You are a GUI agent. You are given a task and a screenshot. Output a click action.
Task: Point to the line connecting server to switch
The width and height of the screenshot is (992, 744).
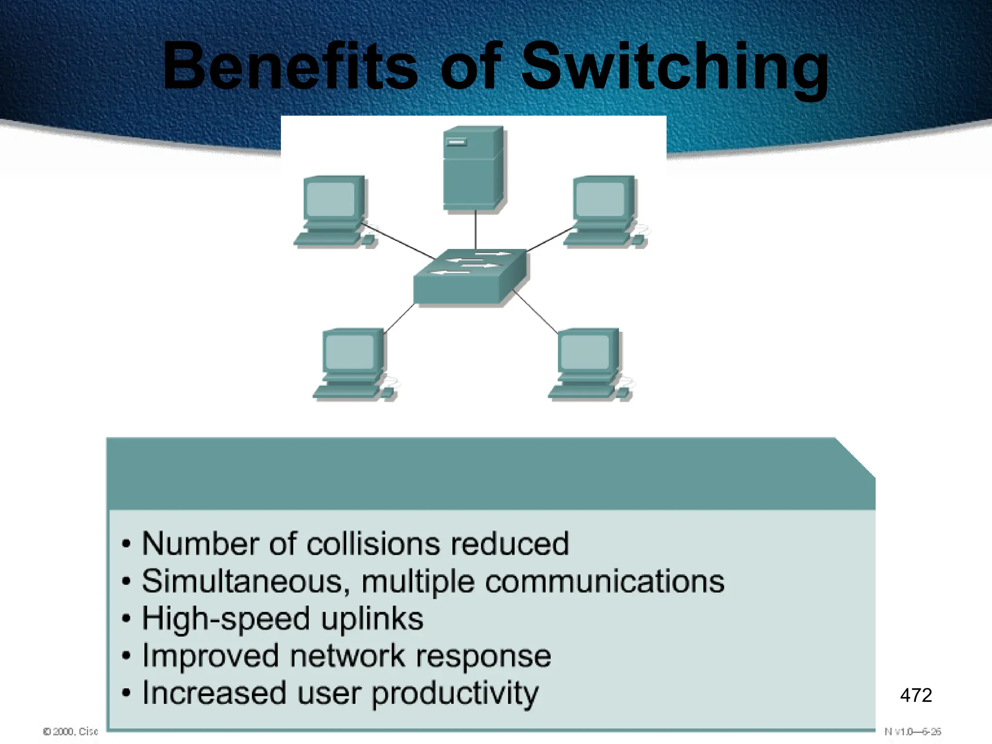[x=475, y=230]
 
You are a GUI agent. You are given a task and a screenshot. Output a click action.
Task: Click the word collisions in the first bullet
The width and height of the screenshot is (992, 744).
[x=373, y=543]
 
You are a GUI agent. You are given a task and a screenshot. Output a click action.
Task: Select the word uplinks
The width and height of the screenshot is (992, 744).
[x=372, y=619]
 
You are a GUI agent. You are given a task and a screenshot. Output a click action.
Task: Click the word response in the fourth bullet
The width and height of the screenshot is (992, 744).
[x=483, y=656]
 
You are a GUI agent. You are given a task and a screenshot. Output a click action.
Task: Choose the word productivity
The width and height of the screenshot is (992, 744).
[x=454, y=694]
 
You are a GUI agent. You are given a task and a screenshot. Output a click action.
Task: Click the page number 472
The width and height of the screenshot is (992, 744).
[x=915, y=695]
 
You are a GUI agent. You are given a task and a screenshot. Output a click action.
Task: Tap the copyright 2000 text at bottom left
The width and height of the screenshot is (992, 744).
[x=71, y=731]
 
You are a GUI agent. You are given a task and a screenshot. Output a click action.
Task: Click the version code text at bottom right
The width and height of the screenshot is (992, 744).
[x=913, y=731]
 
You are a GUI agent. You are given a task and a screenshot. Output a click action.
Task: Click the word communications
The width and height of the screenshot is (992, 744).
[x=604, y=581]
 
